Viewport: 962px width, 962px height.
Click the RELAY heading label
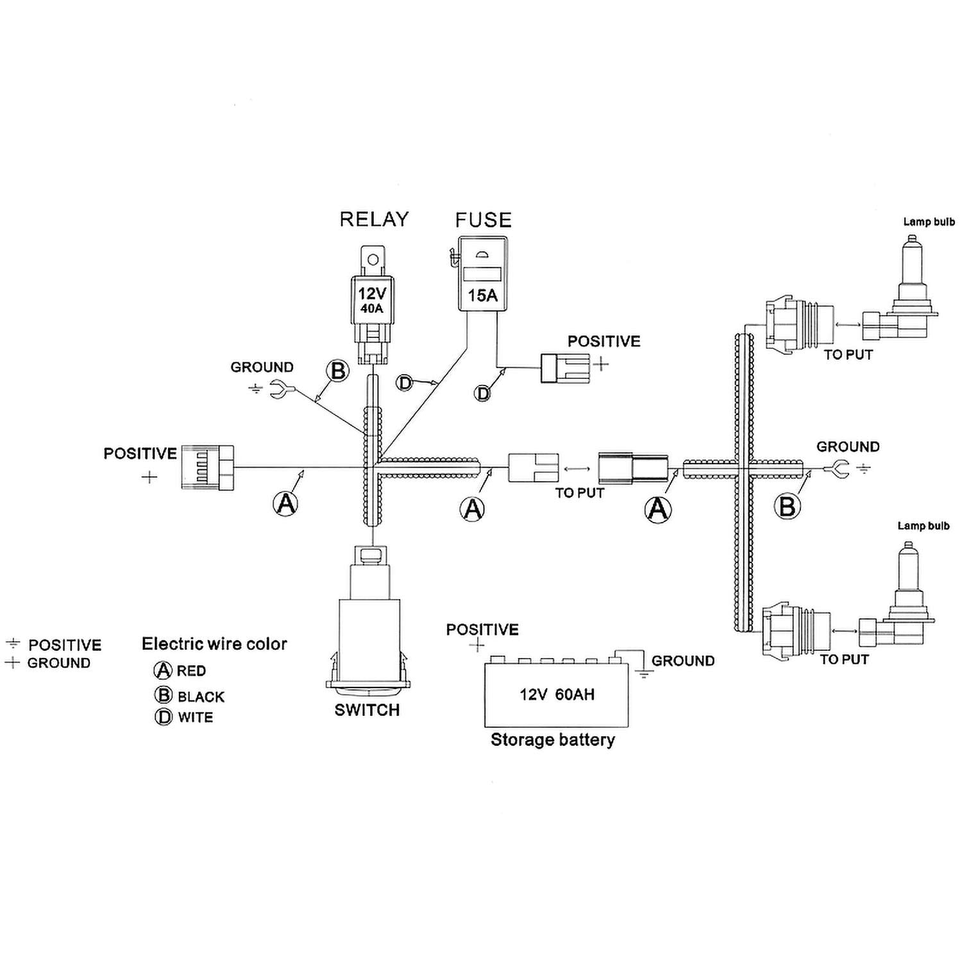pyautogui.click(x=374, y=219)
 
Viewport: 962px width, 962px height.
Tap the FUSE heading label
pyautogui.click(x=484, y=220)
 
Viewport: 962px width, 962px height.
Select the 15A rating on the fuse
pyautogui.click(x=483, y=295)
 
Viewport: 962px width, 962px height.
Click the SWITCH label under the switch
pyautogui.click(x=367, y=710)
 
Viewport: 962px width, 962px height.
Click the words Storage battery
pyautogui.click(x=553, y=739)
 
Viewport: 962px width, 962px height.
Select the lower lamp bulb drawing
pyautogui.click(x=897, y=596)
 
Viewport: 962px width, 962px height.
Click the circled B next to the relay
pyautogui.click(x=337, y=371)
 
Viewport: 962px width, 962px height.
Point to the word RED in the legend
pyautogui.click(x=191, y=671)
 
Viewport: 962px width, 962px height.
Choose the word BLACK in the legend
pyautogui.click(x=201, y=696)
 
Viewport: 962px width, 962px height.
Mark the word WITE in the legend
pyautogui.click(x=195, y=718)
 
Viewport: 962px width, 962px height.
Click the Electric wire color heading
pyautogui.click(x=214, y=644)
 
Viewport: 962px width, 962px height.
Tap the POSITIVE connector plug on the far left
pyautogui.click(x=208, y=468)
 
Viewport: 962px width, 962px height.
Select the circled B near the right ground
pyautogui.click(x=787, y=507)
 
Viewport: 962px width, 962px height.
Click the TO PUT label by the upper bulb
pyautogui.click(x=848, y=355)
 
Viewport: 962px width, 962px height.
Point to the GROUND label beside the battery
pyautogui.click(x=683, y=661)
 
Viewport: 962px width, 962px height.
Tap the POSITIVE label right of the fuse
pyautogui.click(x=604, y=341)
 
